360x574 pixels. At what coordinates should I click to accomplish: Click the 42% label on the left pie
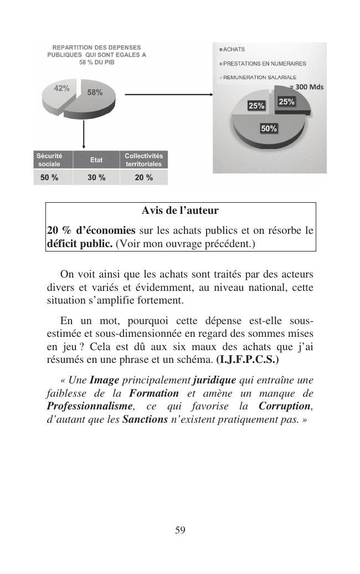[61, 88]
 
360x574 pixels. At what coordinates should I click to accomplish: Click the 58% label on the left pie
[95, 93]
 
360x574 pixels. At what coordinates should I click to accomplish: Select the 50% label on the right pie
[269, 129]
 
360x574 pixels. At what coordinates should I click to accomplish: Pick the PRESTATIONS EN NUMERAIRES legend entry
[263, 64]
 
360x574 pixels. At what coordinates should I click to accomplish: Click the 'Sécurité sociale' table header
[49, 160]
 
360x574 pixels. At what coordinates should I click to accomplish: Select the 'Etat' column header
[96, 160]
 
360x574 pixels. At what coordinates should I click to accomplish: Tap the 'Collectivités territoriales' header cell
[143, 160]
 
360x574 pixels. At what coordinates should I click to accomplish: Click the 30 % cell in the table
[96, 178]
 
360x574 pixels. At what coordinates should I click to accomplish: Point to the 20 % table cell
[143, 178]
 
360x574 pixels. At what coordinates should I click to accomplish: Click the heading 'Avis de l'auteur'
[180, 211]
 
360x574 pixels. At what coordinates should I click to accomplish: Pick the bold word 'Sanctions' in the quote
[145, 419]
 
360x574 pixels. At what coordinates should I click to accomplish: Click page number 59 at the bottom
[180, 530]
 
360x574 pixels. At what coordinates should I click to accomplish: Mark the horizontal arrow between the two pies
[169, 95]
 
